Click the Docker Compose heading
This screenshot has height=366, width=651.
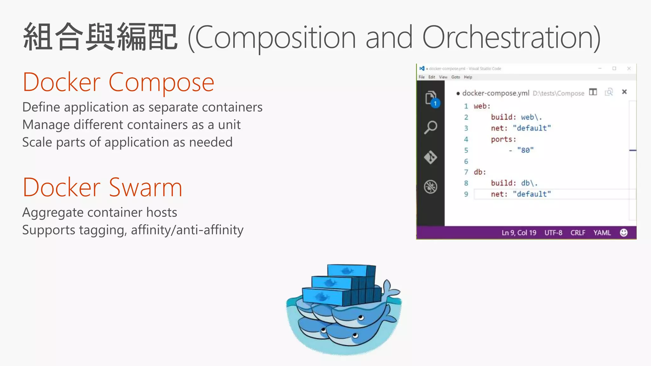tap(118, 82)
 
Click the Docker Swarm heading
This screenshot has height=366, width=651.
tap(102, 187)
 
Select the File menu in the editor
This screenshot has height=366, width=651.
tap(421, 77)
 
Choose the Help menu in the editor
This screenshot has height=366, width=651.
tap(468, 77)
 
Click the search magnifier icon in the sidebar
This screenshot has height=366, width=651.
tap(431, 127)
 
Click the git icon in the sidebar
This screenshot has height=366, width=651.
tap(431, 157)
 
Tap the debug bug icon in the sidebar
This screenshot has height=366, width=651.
tap(431, 187)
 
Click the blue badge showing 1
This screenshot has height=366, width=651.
tap(435, 104)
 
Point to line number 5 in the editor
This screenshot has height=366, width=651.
tap(466, 150)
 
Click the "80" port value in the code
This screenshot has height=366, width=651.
tap(525, 150)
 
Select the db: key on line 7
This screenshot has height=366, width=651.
tap(480, 172)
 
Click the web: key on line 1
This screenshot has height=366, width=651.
tap(482, 106)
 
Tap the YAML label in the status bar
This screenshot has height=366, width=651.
tap(602, 233)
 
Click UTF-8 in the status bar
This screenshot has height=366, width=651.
tap(553, 233)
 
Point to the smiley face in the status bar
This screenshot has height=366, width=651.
tap(624, 233)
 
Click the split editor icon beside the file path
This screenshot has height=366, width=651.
tap(593, 92)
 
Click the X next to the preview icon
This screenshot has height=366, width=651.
tap(624, 92)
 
